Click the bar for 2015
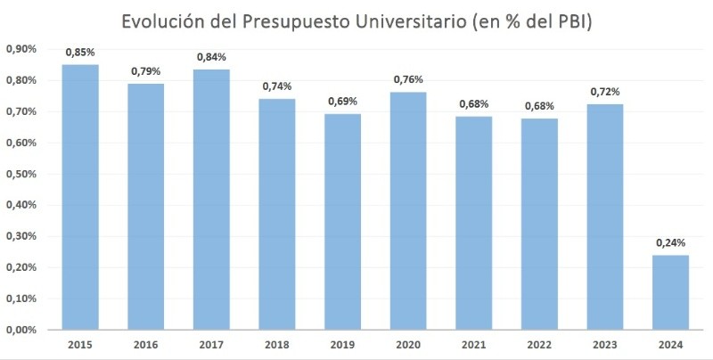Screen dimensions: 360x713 (x=80, y=196)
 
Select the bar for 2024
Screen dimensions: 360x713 (x=672, y=292)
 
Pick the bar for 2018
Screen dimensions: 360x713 (x=277, y=214)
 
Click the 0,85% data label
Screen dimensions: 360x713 (x=80, y=52)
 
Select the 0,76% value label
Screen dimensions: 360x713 (x=409, y=79)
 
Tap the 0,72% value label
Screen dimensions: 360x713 (x=606, y=92)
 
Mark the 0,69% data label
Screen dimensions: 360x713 (x=343, y=102)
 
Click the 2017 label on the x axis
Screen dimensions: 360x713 (x=211, y=345)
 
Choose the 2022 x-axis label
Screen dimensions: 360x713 (x=540, y=345)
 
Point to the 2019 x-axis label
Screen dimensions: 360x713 (x=343, y=345)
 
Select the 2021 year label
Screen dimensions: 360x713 (x=474, y=345)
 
